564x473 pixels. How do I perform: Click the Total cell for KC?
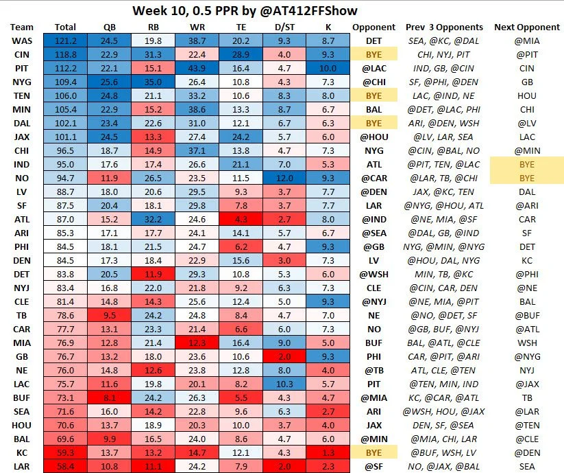click(65, 452)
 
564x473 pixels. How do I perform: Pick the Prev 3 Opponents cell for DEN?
click(443, 261)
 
